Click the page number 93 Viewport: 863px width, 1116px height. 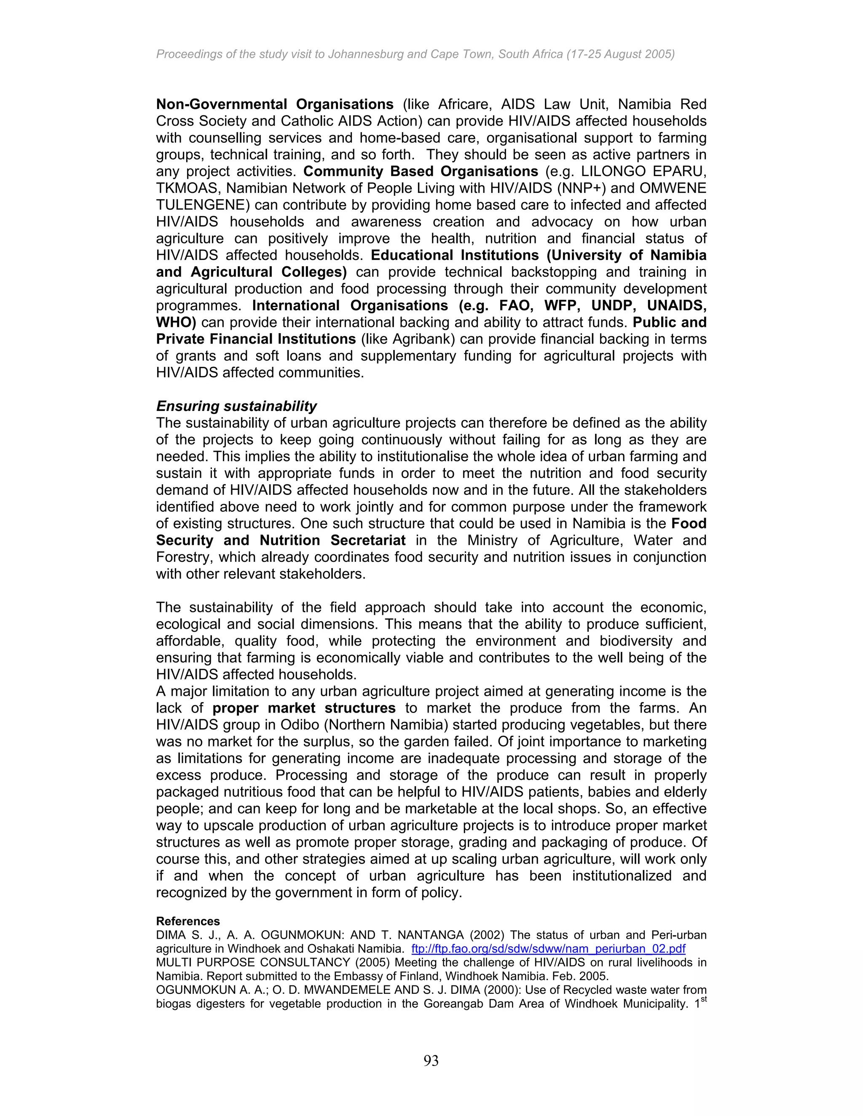click(431, 1061)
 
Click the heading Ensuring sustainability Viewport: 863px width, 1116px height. click(236, 406)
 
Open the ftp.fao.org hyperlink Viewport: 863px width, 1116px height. click(548, 949)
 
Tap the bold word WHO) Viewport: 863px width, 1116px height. click(176, 323)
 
